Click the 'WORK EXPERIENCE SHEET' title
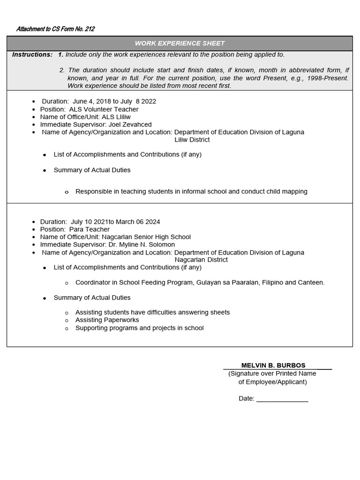[x=180, y=43]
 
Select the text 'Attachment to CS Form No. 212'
[x=55, y=29]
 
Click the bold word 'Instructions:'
[x=32, y=54]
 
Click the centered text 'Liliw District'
[x=192, y=140]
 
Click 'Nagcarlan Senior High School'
[x=146, y=237]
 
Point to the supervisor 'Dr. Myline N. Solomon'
[x=142, y=244]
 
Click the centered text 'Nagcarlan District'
[x=201, y=260]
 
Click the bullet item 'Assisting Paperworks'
[x=107, y=320]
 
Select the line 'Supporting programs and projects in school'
[x=139, y=328]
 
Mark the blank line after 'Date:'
[x=282, y=399]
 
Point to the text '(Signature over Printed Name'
[x=272, y=374]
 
